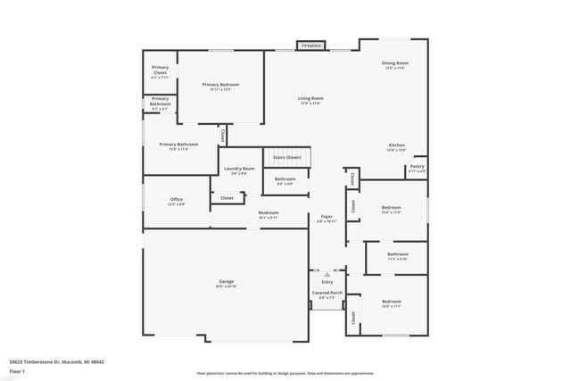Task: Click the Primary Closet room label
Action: [x=160, y=70]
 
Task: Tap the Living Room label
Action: [x=310, y=100]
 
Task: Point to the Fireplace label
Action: [x=310, y=45]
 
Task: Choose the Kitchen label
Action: [x=397, y=146]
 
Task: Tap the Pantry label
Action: [x=417, y=167]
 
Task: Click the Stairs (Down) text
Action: [x=286, y=156]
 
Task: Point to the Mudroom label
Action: [x=269, y=214]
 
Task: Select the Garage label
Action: [x=226, y=283]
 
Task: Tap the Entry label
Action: [x=327, y=279]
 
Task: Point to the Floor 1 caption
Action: [x=18, y=371]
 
